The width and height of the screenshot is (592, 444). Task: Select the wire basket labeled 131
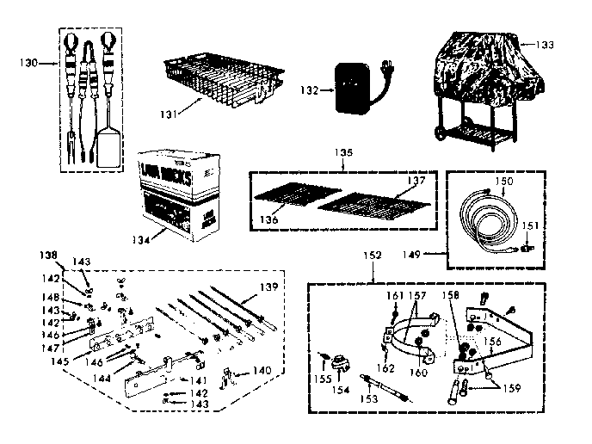point(219,86)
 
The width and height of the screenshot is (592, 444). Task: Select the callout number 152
point(373,256)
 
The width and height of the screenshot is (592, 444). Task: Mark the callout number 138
point(50,256)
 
